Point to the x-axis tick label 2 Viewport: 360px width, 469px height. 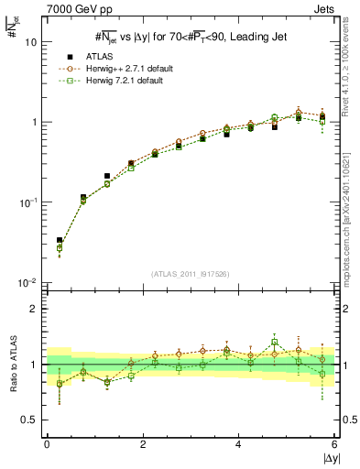point(143,443)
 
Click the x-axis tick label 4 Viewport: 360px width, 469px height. point(239,443)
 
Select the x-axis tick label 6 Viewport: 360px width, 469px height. point(335,443)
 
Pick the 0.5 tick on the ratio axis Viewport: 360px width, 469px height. point(30,420)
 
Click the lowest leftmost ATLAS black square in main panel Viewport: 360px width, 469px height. point(60,241)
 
